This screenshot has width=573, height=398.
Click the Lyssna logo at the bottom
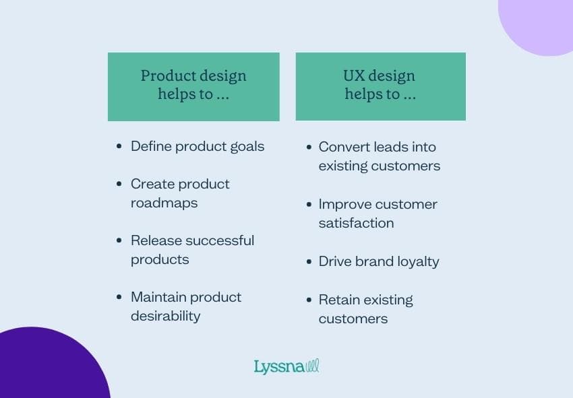pos(286,367)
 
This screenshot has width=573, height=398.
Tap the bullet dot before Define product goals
pos(119,146)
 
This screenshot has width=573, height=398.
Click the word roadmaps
pos(164,203)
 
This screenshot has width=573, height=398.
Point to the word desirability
pos(165,316)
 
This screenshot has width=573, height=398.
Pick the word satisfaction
pos(356,223)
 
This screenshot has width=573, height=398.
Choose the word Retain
pos(339,300)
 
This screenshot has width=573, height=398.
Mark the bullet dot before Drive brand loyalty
pos(308,261)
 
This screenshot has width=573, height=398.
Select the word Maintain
pos(158,297)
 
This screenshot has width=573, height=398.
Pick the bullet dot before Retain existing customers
pos(308,300)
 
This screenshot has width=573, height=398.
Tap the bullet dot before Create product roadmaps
pos(119,184)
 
